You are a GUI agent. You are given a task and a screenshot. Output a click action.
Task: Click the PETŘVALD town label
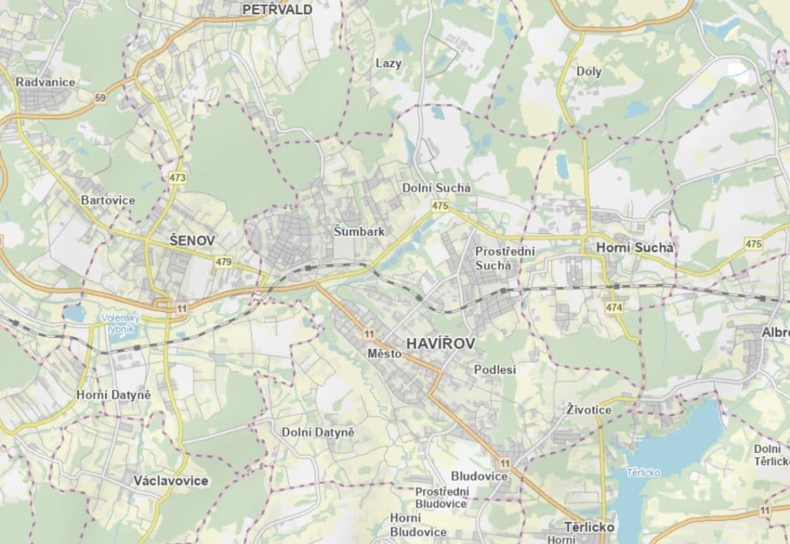[277, 10]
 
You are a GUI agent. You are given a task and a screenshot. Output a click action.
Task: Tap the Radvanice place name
[46, 82]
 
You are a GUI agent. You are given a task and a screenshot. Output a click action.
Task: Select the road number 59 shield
[101, 98]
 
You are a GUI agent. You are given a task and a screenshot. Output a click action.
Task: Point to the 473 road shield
[177, 178]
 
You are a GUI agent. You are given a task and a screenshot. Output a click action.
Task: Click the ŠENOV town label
[192, 241]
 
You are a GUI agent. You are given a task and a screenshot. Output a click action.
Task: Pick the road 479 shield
[223, 261]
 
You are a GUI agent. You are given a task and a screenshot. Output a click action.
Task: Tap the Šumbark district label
[359, 231]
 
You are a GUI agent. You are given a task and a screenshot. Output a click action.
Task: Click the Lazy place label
[388, 63]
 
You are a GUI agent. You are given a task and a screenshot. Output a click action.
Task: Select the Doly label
[589, 71]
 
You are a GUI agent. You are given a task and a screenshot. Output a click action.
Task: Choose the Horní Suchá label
[634, 249]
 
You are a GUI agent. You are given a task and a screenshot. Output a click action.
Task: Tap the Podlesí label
[494, 370]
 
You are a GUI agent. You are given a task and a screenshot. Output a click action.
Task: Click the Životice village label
[589, 410]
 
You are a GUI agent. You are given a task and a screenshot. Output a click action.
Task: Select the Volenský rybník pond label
[121, 323]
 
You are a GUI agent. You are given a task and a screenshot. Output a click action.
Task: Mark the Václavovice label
[171, 481]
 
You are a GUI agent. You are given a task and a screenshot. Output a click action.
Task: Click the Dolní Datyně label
[318, 432]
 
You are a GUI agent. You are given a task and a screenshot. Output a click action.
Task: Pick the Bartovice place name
[108, 201]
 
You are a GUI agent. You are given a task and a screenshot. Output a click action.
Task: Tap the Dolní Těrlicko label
[772, 454]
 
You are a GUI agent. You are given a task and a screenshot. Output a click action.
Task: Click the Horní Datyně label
[114, 395]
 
